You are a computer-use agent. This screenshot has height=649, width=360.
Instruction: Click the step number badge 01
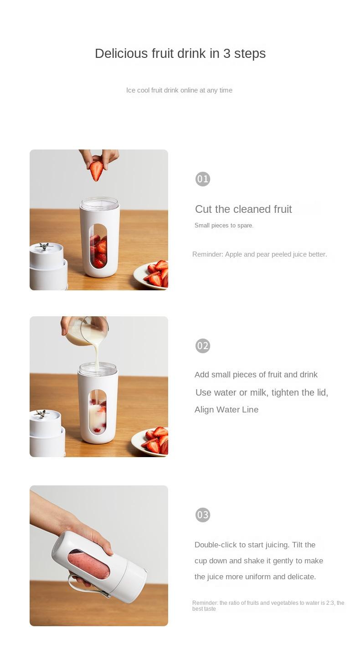pyautogui.click(x=202, y=179)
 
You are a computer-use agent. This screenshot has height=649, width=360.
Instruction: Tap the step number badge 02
pyautogui.click(x=202, y=345)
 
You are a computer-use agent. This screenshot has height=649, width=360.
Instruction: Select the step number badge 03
pyautogui.click(x=202, y=515)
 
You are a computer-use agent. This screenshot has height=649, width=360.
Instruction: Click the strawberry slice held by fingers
pyautogui.click(x=96, y=171)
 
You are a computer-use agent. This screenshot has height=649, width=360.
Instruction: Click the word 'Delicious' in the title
pyautogui.click(x=121, y=54)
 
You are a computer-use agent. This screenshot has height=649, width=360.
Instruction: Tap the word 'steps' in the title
pyautogui.click(x=250, y=54)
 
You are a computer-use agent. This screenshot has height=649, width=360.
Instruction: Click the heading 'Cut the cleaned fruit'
pyautogui.click(x=243, y=209)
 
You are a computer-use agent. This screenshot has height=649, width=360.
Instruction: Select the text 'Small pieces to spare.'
pyautogui.click(x=224, y=226)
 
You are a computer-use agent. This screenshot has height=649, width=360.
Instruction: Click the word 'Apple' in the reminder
pyautogui.click(x=233, y=254)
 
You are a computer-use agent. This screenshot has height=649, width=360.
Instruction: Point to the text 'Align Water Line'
pyautogui.click(x=226, y=410)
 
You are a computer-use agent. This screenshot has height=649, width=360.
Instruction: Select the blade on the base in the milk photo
pyautogui.click(x=41, y=413)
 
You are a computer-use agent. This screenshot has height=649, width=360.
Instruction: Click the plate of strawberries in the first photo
pyautogui.click(x=151, y=275)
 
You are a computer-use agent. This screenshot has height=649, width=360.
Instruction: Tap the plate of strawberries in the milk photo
pyautogui.click(x=150, y=442)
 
